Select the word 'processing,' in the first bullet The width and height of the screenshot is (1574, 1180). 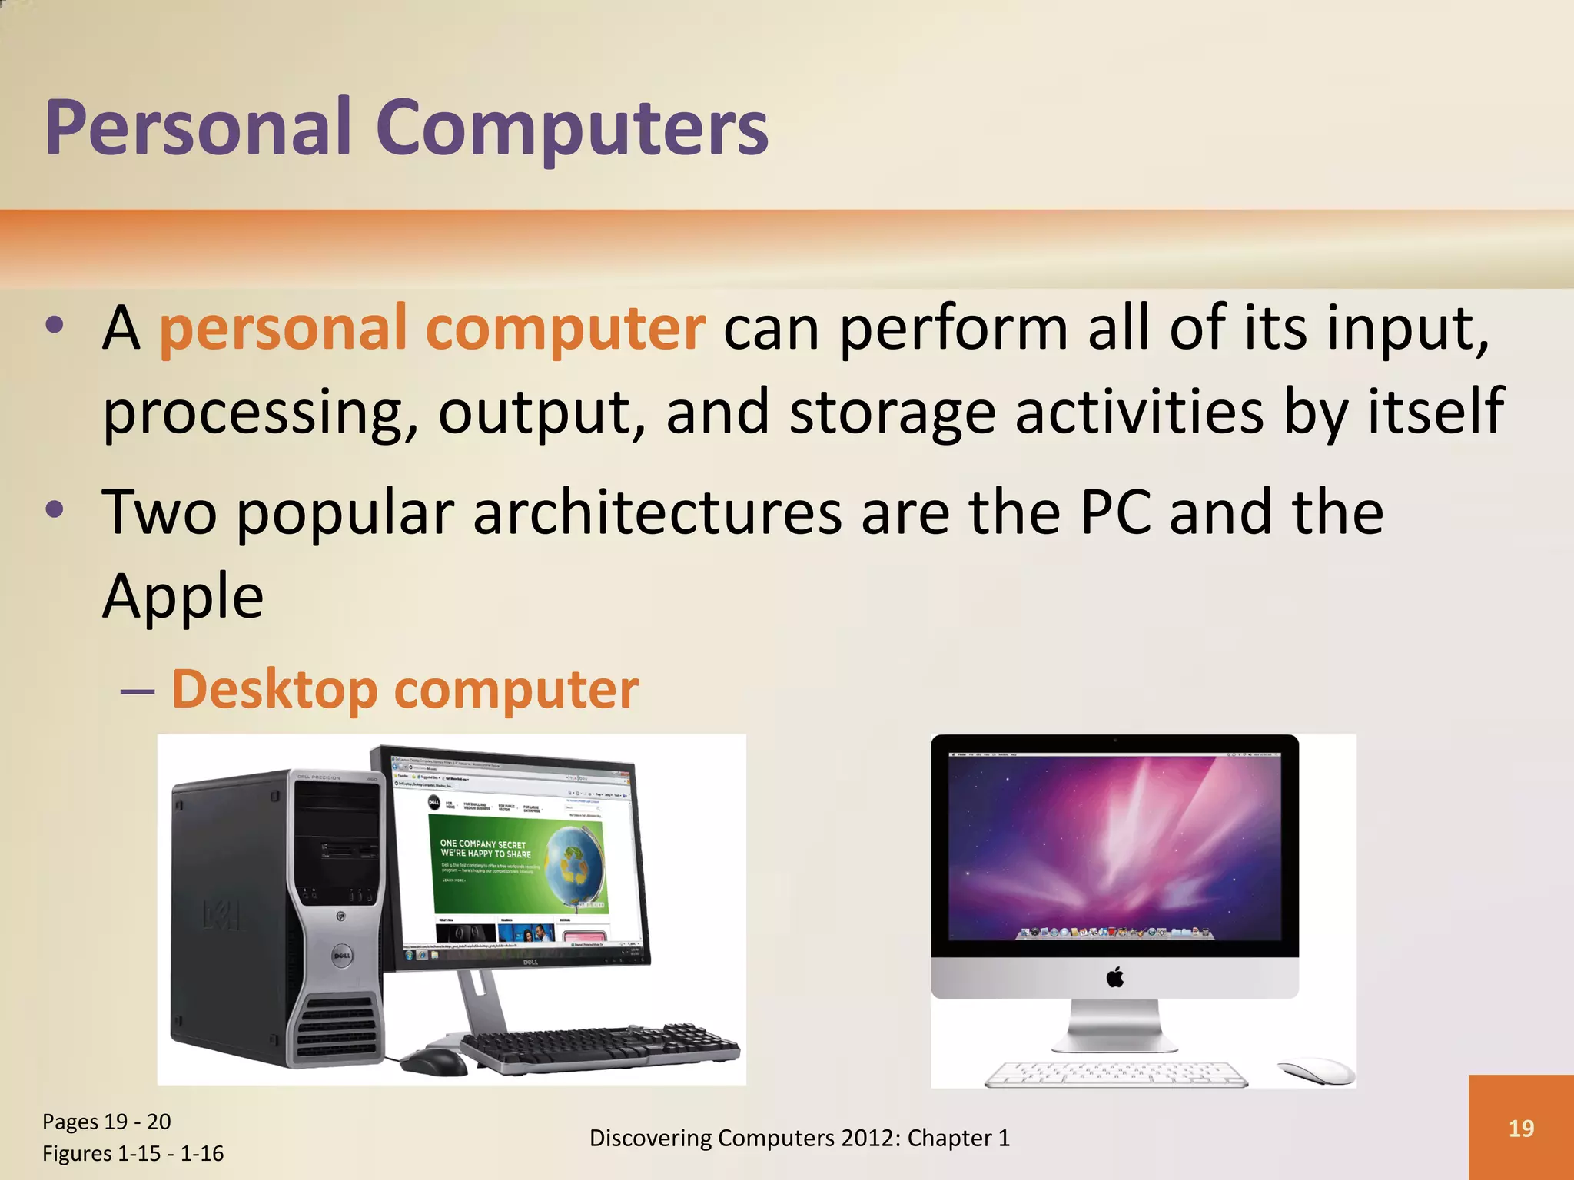[x=261, y=413]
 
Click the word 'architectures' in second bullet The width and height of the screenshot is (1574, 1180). [x=657, y=512]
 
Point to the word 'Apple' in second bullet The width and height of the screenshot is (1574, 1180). [x=183, y=596]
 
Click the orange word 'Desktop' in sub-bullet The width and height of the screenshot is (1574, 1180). [x=274, y=689]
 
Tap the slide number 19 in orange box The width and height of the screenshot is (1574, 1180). [x=1521, y=1128]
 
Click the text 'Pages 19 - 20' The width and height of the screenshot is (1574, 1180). [x=107, y=1122]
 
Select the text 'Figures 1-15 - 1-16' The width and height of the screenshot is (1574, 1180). [x=133, y=1153]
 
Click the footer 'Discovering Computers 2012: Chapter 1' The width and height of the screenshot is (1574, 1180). [x=799, y=1138]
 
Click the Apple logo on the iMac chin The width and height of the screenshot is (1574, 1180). [x=1115, y=978]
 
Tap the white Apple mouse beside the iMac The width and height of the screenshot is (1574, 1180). [x=1316, y=1070]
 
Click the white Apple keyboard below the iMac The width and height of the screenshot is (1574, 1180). [x=1116, y=1074]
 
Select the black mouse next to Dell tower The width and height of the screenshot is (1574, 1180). [x=434, y=1062]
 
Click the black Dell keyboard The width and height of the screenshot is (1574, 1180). [x=599, y=1048]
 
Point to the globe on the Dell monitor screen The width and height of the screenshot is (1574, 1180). [x=572, y=863]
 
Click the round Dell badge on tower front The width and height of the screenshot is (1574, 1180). [x=342, y=956]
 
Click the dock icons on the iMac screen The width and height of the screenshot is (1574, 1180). [x=1115, y=933]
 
